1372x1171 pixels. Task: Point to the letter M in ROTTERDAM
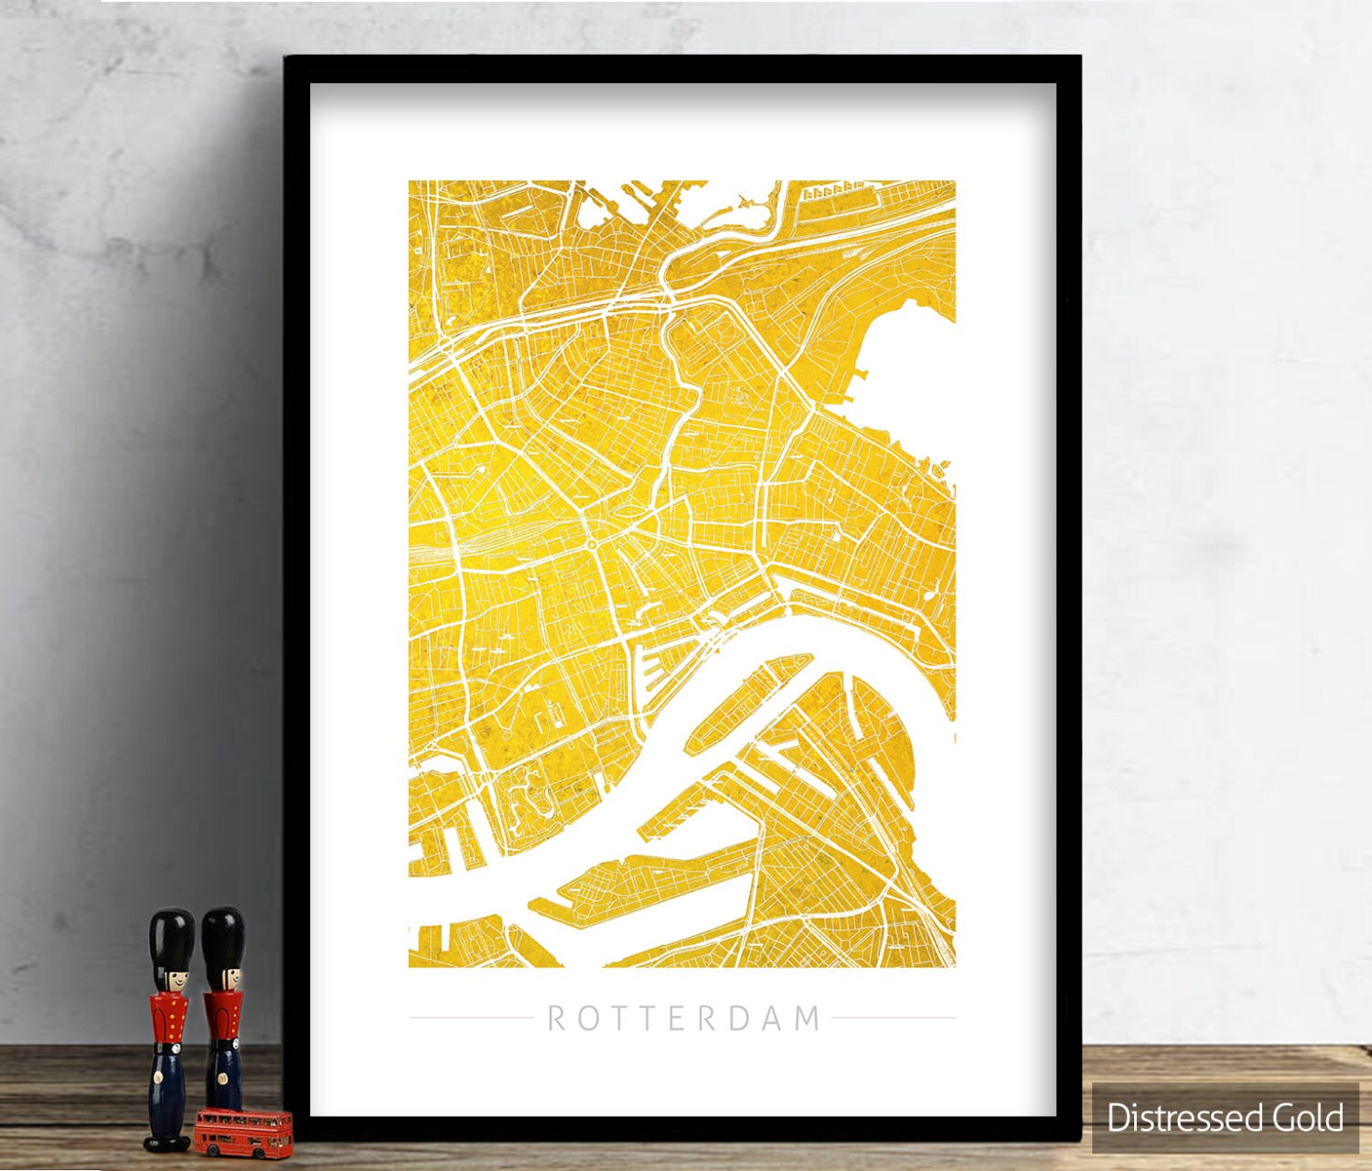(x=808, y=1018)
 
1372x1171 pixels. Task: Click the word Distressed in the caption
(x=1174, y=1118)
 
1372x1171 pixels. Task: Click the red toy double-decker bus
(x=243, y=1133)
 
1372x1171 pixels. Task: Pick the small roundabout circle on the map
(x=592, y=545)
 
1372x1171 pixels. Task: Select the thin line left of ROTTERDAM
(x=470, y=1017)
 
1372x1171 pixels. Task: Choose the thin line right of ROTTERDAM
(x=894, y=1017)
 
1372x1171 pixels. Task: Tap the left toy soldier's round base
(x=168, y=1142)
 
